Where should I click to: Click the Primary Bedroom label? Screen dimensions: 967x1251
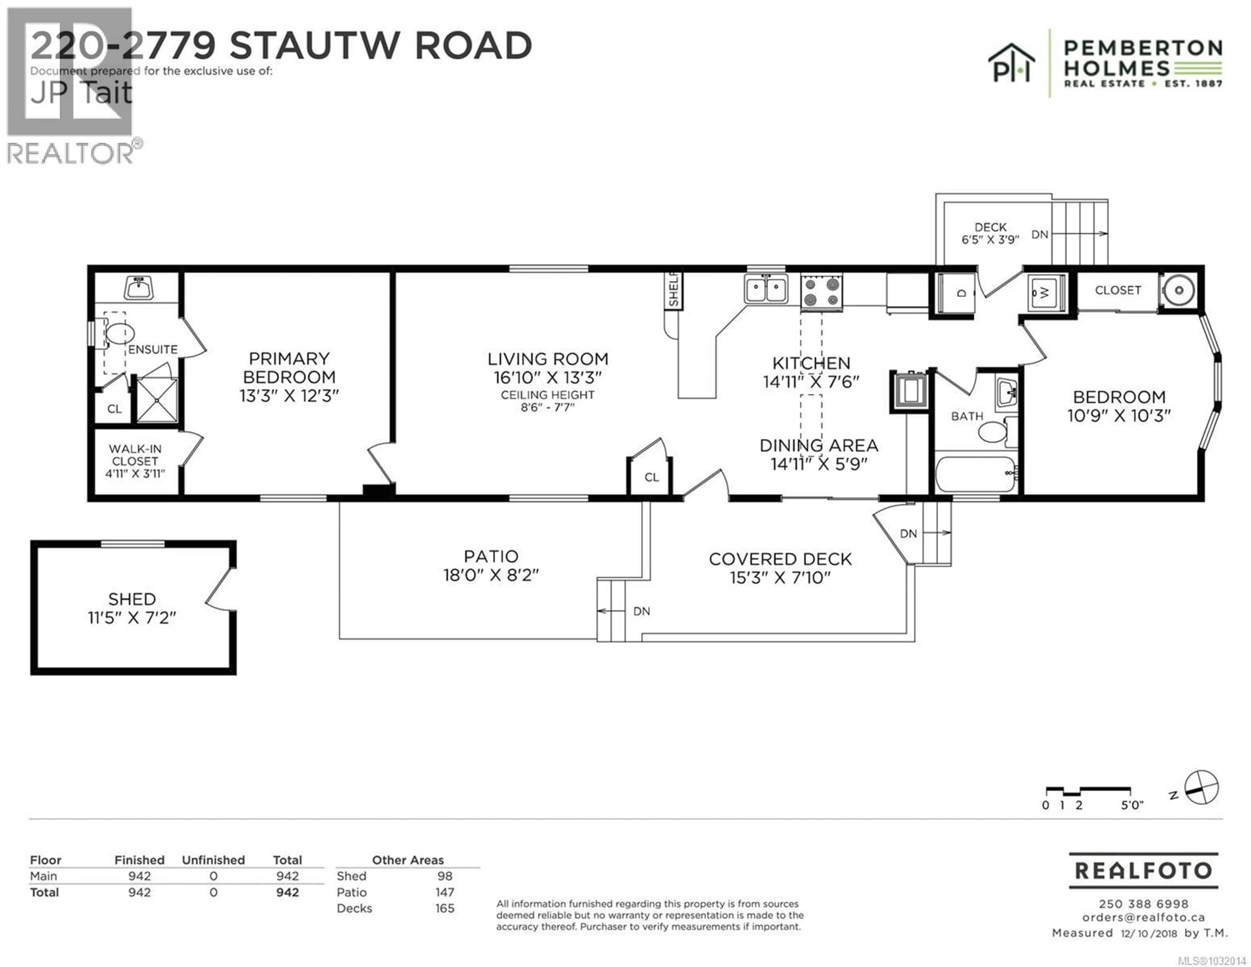pos(289,368)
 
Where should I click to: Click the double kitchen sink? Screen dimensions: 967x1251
pos(766,289)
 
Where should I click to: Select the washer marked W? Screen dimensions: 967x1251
pos(1046,293)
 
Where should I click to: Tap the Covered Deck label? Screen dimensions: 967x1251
pos(780,559)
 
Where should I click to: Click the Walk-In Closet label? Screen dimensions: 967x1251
pos(135,455)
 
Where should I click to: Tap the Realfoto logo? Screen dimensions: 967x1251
pos(1143,871)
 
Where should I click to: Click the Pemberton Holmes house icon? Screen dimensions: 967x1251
pos(1011,63)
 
